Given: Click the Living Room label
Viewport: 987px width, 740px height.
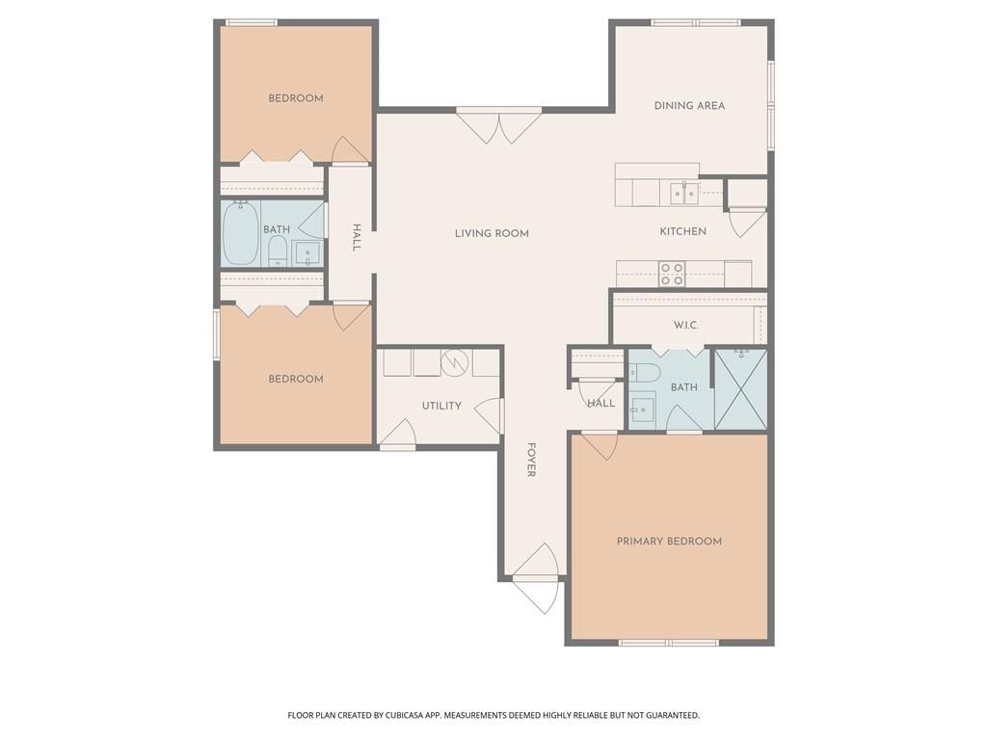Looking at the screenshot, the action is [x=492, y=233].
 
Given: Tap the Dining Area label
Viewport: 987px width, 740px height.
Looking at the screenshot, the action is [x=689, y=106].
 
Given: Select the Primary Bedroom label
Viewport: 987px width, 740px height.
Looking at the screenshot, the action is [x=669, y=542].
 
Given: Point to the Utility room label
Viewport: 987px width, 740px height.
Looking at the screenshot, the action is [x=441, y=406].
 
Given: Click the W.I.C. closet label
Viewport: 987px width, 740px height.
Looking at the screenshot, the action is [x=686, y=326].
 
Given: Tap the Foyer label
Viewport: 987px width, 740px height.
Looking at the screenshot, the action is [x=531, y=460].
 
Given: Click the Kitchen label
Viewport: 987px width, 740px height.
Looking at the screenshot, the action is [x=683, y=231].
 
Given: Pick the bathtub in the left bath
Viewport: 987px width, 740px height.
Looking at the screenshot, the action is [x=240, y=233].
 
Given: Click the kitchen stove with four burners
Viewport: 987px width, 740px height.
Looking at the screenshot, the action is [x=672, y=274].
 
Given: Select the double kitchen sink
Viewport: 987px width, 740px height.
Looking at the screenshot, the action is [x=684, y=193].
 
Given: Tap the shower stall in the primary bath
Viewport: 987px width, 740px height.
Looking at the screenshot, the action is [x=741, y=389].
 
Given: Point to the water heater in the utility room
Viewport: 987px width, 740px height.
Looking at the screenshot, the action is [x=453, y=362].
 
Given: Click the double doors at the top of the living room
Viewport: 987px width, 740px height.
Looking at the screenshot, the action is [x=499, y=126].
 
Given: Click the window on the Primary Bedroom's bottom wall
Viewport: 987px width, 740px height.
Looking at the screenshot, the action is [x=669, y=643].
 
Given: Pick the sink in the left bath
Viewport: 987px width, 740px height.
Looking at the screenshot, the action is [x=307, y=253].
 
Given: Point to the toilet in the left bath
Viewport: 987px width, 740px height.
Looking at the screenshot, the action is [x=278, y=252].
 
